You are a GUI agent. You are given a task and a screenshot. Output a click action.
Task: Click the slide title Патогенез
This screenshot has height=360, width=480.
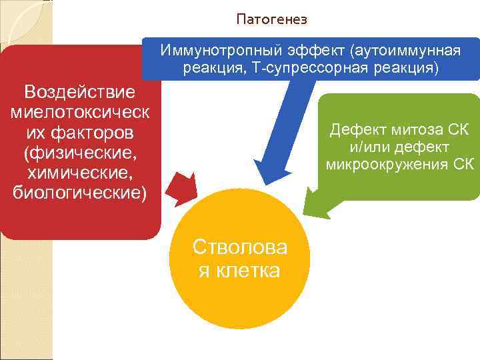point(271,20)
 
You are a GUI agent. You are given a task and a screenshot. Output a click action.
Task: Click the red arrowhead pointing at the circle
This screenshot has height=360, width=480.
point(182,187)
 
